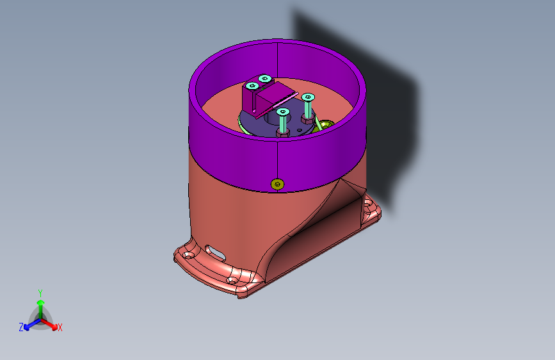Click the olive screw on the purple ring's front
click(x=277, y=184)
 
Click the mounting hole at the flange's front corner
click(x=232, y=281)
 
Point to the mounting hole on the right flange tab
click(x=368, y=204)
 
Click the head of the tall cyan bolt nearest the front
click(x=283, y=112)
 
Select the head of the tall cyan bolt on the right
click(x=308, y=97)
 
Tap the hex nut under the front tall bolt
click(x=283, y=133)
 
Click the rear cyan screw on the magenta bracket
click(x=265, y=78)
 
